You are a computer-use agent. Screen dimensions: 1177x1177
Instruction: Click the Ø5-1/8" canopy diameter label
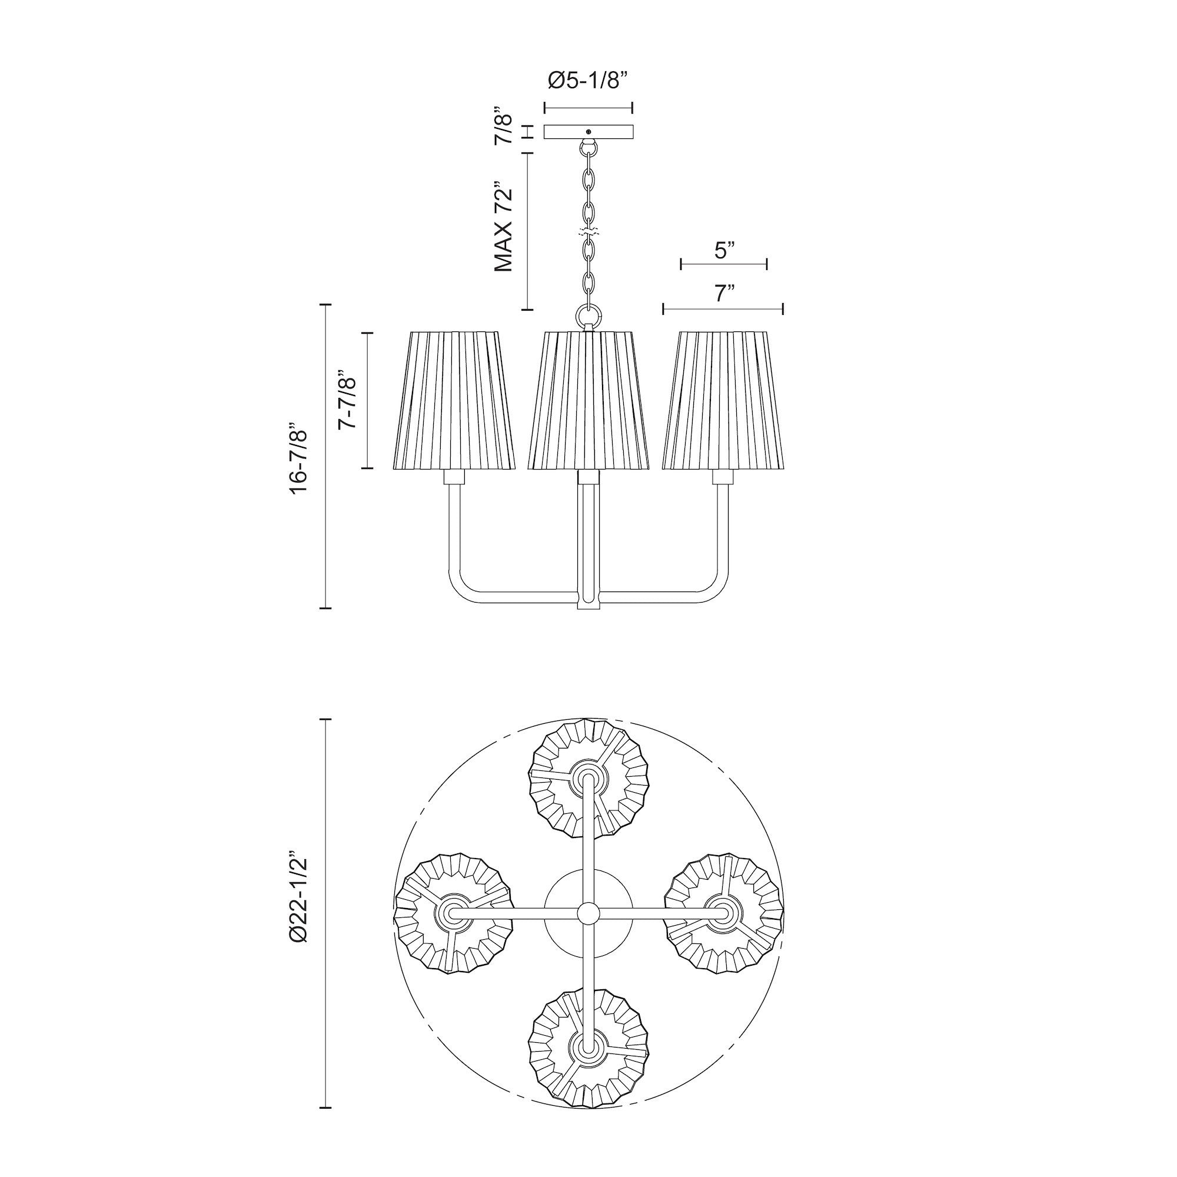point(588,81)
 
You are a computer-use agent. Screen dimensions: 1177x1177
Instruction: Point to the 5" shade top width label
point(723,250)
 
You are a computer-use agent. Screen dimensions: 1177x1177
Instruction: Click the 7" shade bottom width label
point(723,294)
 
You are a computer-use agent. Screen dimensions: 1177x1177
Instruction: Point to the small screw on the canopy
point(588,132)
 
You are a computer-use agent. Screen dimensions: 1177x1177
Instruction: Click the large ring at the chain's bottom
point(588,317)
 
